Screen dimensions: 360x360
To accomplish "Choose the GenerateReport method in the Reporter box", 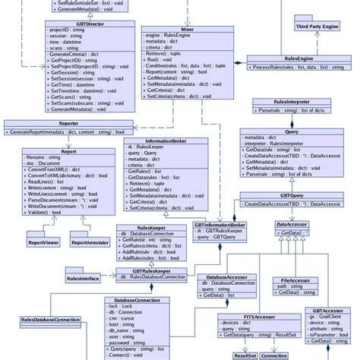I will [x=67, y=132].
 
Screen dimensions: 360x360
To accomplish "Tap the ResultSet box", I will [x=246, y=354].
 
